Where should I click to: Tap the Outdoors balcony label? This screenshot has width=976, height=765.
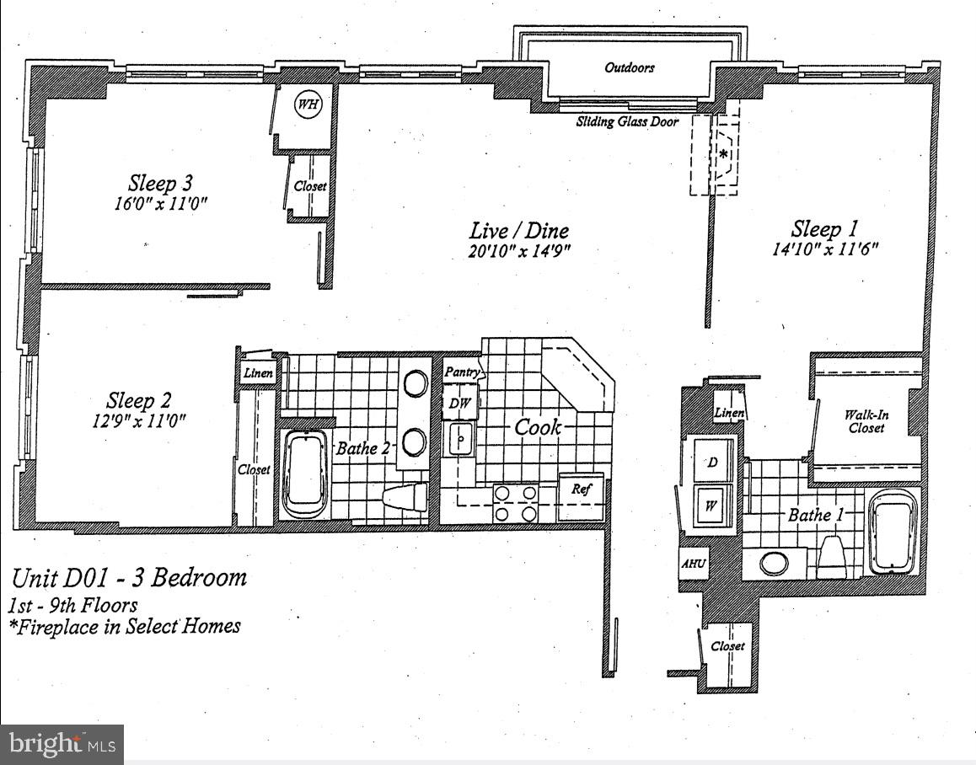click(629, 67)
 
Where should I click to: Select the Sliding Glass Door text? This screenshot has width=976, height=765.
click(627, 121)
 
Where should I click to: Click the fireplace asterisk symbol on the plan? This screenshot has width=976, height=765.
click(723, 154)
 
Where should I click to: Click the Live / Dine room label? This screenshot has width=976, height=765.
click(519, 230)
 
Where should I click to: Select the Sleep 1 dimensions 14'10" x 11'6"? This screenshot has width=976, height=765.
click(825, 249)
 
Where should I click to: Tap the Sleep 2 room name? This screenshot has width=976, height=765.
click(141, 400)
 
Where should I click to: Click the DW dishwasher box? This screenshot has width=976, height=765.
click(459, 404)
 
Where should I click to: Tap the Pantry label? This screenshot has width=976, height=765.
click(462, 372)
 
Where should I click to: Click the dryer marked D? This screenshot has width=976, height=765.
click(712, 463)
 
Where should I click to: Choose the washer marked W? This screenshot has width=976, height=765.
click(712, 506)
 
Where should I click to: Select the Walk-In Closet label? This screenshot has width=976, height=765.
click(866, 421)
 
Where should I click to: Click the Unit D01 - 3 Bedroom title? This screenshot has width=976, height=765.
click(129, 578)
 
